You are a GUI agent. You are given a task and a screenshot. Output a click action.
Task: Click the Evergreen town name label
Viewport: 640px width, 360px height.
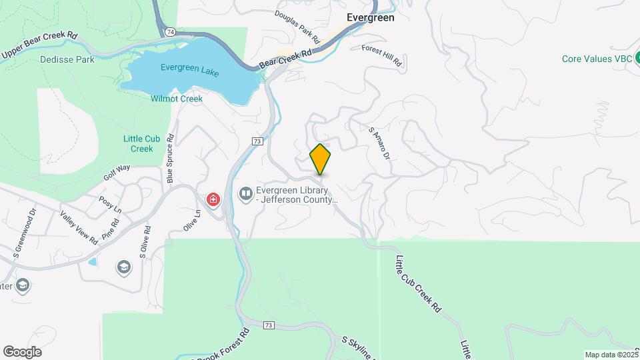[x=370, y=18]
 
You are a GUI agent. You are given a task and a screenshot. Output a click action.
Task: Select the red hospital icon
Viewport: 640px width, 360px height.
[x=213, y=199]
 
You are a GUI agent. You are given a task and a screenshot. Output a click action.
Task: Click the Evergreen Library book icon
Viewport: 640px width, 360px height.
[x=246, y=193]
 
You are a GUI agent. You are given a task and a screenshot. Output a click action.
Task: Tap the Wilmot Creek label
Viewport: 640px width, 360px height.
[x=177, y=99]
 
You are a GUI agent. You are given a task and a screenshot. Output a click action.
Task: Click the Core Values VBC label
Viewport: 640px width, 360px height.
[x=597, y=59]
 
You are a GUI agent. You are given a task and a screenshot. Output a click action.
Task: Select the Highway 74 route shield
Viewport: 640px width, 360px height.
[x=171, y=31]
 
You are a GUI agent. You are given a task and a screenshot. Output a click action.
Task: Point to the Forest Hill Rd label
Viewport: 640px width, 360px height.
[x=383, y=55]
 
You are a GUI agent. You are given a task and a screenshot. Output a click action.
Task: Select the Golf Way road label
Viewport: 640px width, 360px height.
[x=117, y=173]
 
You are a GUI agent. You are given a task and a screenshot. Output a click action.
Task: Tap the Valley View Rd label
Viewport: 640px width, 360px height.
[x=79, y=225]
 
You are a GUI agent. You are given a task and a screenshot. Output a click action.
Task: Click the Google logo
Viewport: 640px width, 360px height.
[x=22, y=352]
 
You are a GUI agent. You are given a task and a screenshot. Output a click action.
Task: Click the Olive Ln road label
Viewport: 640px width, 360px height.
[x=191, y=221]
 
